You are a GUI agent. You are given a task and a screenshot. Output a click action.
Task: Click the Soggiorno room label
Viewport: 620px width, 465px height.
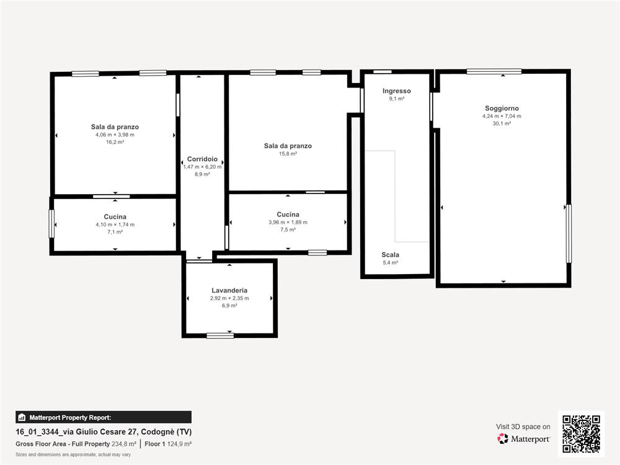(x=502, y=108)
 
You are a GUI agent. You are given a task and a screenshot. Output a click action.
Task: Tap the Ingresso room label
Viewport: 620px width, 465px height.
(x=397, y=91)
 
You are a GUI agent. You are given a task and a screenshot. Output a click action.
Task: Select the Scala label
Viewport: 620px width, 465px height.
(x=390, y=255)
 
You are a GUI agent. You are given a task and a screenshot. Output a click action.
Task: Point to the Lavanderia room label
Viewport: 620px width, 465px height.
(x=229, y=290)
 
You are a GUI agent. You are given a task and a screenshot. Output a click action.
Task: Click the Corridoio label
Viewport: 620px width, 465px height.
(x=203, y=159)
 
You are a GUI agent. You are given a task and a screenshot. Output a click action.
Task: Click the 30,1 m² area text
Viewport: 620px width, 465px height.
(x=502, y=123)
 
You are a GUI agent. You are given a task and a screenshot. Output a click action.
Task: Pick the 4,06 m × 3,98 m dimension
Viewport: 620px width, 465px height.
(x=115, y=135)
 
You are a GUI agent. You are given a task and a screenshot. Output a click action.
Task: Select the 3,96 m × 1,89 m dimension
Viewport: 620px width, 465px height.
(x=288, y=222)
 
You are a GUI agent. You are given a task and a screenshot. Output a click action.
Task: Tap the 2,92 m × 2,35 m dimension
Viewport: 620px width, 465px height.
(x=229, y=298)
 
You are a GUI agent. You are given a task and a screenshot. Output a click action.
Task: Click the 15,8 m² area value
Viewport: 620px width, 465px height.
(x=288, y=153)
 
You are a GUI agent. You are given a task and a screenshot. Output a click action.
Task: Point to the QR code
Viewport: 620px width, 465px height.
(x=582, y=434)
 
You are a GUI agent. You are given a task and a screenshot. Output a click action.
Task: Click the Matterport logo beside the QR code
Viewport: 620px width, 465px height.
(x=523, y=438)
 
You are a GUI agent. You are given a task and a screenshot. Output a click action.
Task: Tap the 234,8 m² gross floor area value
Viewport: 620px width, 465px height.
(x=124, y=444)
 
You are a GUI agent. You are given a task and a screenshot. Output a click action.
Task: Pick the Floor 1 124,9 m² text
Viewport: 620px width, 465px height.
(x=168, y=444)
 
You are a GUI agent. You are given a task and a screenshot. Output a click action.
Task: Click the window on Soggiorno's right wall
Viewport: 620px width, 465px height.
(x=569, y=233)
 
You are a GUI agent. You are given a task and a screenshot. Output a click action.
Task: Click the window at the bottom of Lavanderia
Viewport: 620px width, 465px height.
(x=220, y=335)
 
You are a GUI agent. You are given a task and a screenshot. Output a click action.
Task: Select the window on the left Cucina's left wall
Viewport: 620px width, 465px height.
(x=51, y=224)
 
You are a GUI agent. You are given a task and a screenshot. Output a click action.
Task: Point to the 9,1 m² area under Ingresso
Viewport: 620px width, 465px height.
(x=397, y=99)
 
